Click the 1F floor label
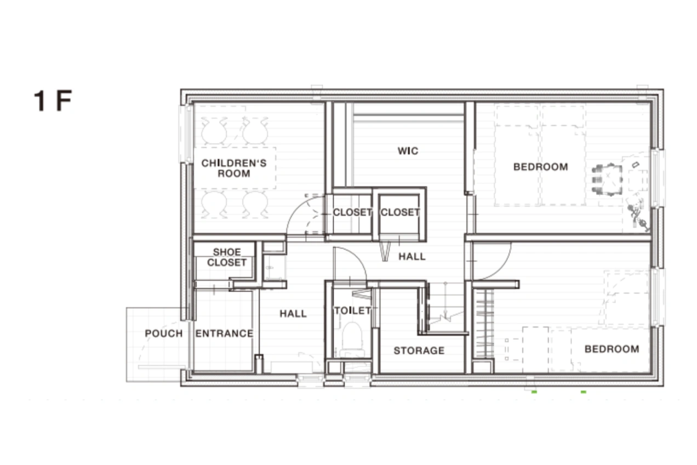point(53,100)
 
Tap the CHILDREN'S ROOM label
point(234,168)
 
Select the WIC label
point(408,151)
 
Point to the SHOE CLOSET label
point(227,257)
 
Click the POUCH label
point(164,333)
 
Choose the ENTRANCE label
point(224,333)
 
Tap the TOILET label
point(352,310)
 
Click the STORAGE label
point(419,351)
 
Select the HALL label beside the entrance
point(293,314)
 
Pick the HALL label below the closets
point(412,257)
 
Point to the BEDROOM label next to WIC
point(540,167)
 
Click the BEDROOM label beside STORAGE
point(612,349)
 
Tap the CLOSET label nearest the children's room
point(352,212)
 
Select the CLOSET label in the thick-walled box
point(400,212)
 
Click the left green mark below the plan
point(534,392)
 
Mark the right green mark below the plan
point(584,392)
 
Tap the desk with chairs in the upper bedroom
point(607,180)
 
